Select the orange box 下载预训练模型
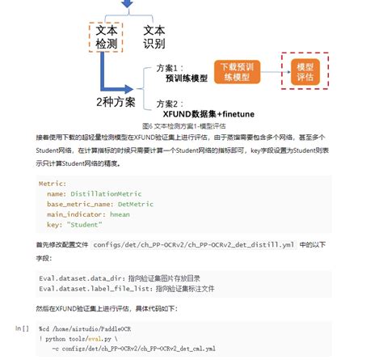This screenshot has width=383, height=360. coord(239,70)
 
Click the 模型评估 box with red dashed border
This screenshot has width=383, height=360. coord(305,70)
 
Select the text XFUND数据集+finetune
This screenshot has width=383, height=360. coord(204,115)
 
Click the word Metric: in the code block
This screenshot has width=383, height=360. coord(53,184)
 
